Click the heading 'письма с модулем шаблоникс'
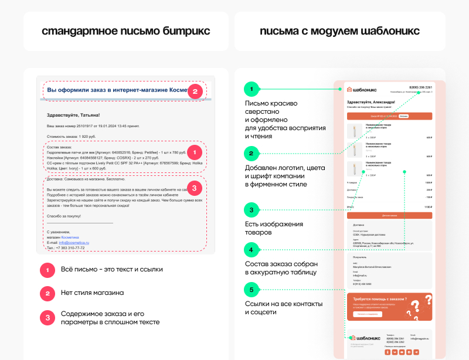pos(339,30)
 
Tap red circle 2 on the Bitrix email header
pos(196,91)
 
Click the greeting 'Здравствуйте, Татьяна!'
pos(73,115)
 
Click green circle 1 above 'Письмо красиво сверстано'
pos(251,89)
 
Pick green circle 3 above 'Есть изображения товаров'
pos(251,210)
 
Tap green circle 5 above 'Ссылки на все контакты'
pos(251,289)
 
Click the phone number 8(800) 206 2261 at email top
pos(420,87)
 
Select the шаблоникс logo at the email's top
pos(362,90)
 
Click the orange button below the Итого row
pos(389,216)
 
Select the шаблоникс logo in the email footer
pos(364,338)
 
